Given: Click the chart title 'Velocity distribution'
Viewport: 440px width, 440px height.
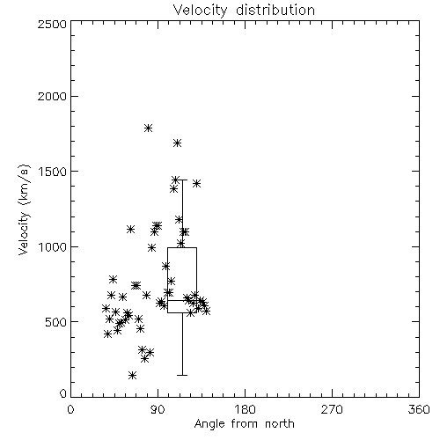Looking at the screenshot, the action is point(244,11).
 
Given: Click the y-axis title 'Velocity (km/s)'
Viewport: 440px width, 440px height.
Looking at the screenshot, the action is point(24,209).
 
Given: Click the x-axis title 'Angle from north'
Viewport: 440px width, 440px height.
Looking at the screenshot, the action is point(245,424).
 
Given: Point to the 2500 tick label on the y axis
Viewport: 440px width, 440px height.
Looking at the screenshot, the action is point(52,24).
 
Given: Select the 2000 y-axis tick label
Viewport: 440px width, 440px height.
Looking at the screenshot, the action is point(52,96).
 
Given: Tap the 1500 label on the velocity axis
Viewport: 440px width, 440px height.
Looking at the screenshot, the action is point(53,172).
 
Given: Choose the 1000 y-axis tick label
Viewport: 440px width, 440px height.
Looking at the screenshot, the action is point(53,246).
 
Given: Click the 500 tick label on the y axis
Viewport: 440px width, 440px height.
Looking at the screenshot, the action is point(56,322).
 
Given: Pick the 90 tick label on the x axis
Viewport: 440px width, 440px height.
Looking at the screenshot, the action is point(158,409).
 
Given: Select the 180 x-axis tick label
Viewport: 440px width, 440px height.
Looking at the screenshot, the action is point(245,409).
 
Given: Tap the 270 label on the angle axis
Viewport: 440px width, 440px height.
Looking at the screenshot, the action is point(332,409).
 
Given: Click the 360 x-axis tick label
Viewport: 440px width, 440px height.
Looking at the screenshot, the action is point(419,409).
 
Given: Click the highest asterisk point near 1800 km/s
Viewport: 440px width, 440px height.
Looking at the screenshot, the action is point(148,128).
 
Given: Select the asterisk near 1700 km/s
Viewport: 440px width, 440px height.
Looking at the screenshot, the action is point(177,143).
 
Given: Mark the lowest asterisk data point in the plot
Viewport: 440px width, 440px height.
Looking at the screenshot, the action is point(132,375).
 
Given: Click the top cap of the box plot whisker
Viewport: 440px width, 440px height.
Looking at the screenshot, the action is point(182,180).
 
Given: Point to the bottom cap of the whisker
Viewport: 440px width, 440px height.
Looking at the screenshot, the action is point(182,375).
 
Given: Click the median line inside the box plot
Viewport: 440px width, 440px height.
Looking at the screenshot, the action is point(182,300).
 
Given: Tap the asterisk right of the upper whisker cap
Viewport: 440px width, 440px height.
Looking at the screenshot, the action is point(196,184).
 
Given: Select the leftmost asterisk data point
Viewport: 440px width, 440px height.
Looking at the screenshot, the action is point(106,308).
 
